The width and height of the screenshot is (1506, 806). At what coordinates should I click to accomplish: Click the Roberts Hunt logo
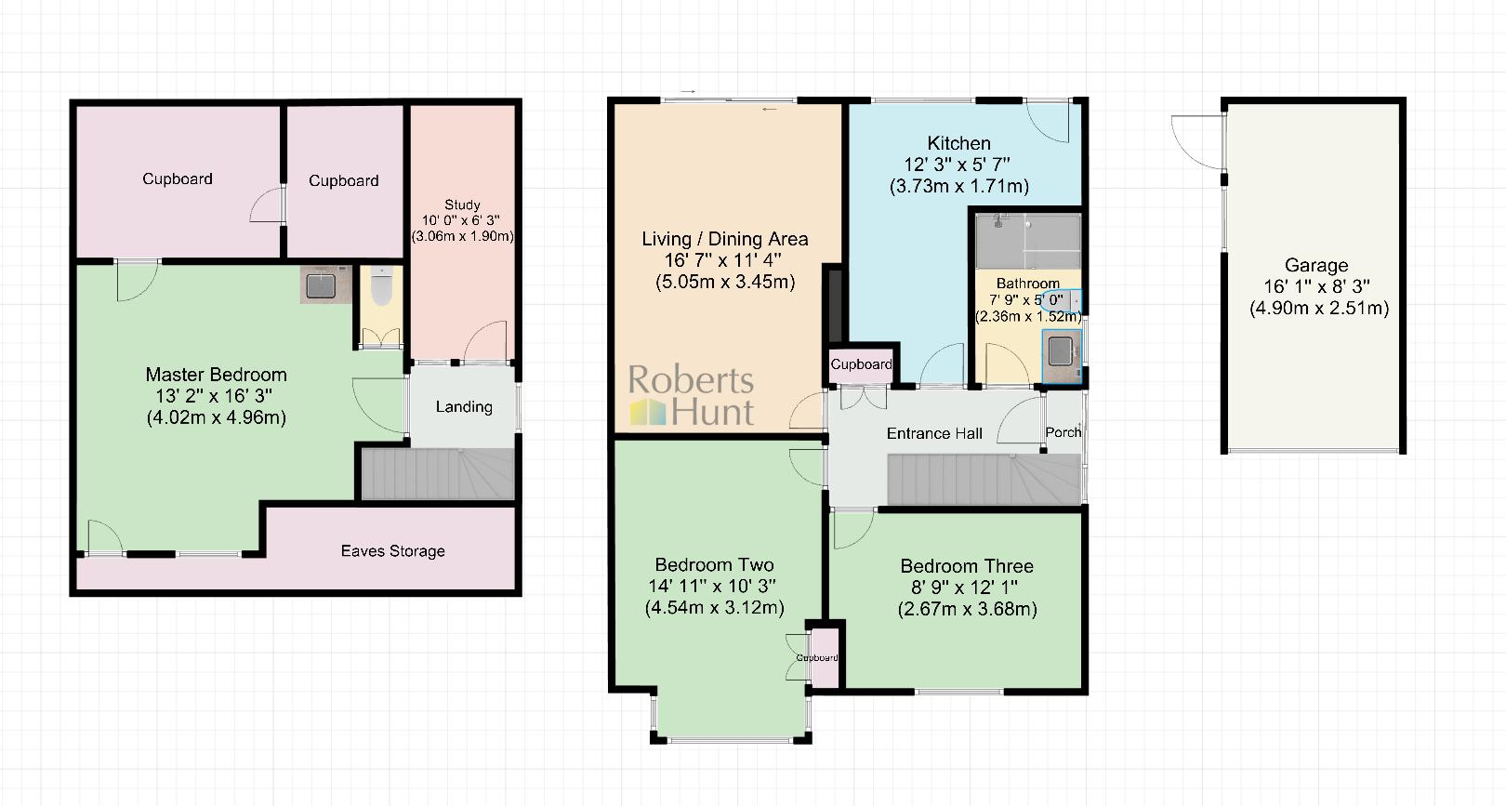[692, 395]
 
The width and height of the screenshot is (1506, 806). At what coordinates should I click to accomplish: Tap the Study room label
[462, 205]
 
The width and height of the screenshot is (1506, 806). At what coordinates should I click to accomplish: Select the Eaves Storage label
[392, 551]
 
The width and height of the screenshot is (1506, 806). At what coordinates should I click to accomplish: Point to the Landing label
[464, 406]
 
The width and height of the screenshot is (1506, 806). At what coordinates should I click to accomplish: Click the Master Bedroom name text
[216, 375]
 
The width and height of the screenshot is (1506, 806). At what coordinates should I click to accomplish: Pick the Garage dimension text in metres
[1319, 308]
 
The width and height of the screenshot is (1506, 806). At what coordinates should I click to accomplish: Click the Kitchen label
[958, 143]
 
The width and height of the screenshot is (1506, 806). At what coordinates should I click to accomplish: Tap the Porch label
[1063, 432]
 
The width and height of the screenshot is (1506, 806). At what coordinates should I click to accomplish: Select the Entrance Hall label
[934, 433]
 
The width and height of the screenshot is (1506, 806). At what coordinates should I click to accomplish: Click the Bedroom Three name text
[967, 566]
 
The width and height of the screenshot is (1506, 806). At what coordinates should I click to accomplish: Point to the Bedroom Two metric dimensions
[714, 608]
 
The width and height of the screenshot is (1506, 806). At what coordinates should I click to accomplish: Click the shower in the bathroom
[1026, 239]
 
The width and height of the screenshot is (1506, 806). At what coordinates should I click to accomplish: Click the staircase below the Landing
[437, 474]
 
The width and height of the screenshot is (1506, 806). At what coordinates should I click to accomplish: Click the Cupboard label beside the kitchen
[861, 364]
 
